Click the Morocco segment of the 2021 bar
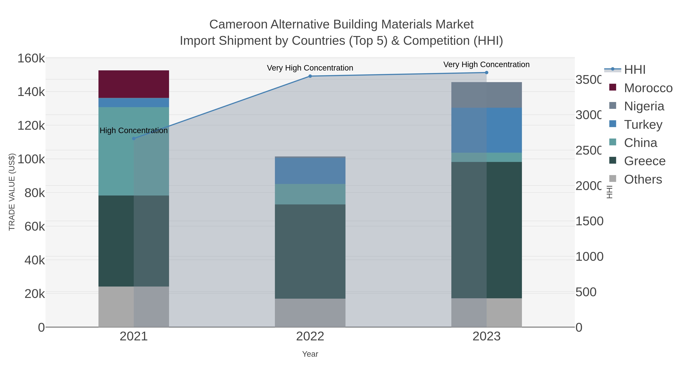click(x=134, y=84)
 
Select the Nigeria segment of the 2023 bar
click(x=486, y=95)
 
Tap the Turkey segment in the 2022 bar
click(x=310, y=171)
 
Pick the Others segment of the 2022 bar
click(x=310, y=313)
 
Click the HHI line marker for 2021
click(x=134, y=139)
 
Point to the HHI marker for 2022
click(x=310, y=76)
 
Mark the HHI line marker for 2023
click(x=486, y=72)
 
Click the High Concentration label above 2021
click(x=134, y=130)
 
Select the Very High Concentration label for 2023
click(x=486, y=64)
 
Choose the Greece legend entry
click(x=644, y=161)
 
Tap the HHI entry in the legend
click(x=634, y=69)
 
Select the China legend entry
click(x=641, y=143)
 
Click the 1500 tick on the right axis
click(x=589, y=221)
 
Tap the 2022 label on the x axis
click(x=310, y=336)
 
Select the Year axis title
click(x=310, y=354)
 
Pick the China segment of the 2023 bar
click(x=486, y=157)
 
